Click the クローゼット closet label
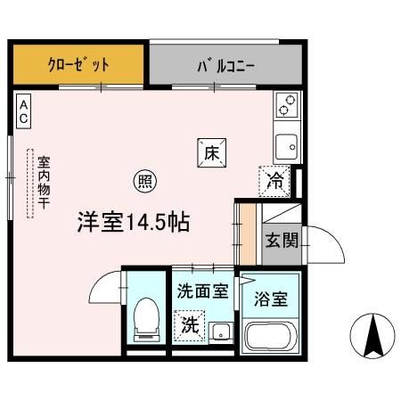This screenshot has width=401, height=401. click(x=78, y=65)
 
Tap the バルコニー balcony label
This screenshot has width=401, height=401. click(x=225, y=65)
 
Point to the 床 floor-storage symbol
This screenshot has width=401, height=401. click(x=211, y=153)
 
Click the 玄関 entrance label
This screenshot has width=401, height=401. click(x=282, y=239)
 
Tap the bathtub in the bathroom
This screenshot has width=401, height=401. click(x=271, y=336)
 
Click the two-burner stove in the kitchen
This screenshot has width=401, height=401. click(x=287, y=105)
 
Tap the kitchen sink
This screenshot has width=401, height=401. click(x=287, y=143)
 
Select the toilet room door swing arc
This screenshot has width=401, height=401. click(x=105, y=287)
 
